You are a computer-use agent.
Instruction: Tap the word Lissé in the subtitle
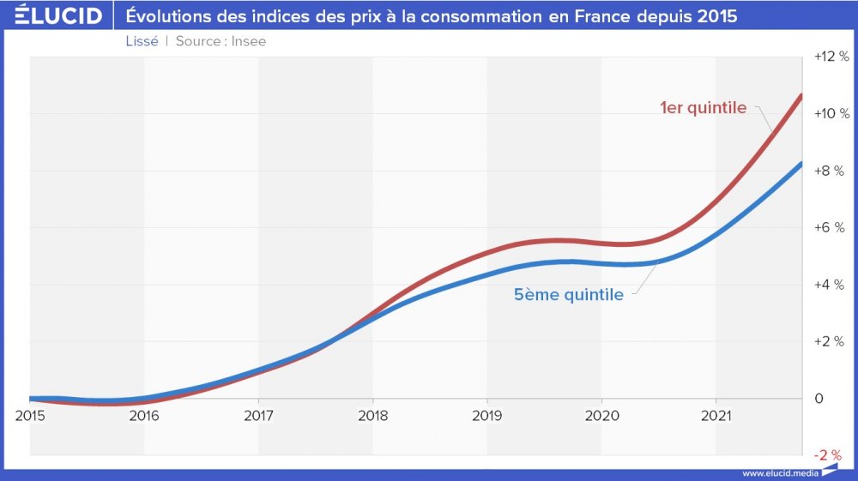pyautogui.click(x=142, y=41)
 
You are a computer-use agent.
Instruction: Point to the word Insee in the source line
pyautogui.click(x=249, y=41)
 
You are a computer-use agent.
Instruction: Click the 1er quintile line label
pyautogui.click(x=703, y=108)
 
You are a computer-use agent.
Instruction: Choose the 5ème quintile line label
pyautogui.click(x=569, y=295)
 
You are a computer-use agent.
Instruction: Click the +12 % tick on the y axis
pyautogui.click(x=831, y=57)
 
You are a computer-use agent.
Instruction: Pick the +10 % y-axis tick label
pyautogui.click(x=831, y=114)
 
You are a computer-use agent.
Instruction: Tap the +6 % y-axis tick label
pyautogui.click(x=831, y=227)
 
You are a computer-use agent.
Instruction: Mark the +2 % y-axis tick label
pyautogui.click(x=831, y=341)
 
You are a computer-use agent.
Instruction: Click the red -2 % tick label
pyautogui.click(x=828, y=454)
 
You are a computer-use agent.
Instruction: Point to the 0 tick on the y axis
pyautogui.click(x=819, y=399)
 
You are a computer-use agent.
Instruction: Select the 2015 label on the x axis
pyautogui.click(x=30, y=416)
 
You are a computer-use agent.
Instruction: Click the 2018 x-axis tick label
pyautogui.click(x=372, y=416)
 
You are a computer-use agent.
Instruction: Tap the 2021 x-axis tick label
pyautogui.click(x=716, y=416)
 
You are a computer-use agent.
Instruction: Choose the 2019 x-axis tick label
pyautogui.click(x=487, y=416)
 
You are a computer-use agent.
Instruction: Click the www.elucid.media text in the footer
pyautogui.click(x=781, y=473)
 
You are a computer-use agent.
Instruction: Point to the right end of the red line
pyautogui.click(x=801, y=95)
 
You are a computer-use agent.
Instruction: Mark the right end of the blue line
pyautogui.click(x=801, y=164)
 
